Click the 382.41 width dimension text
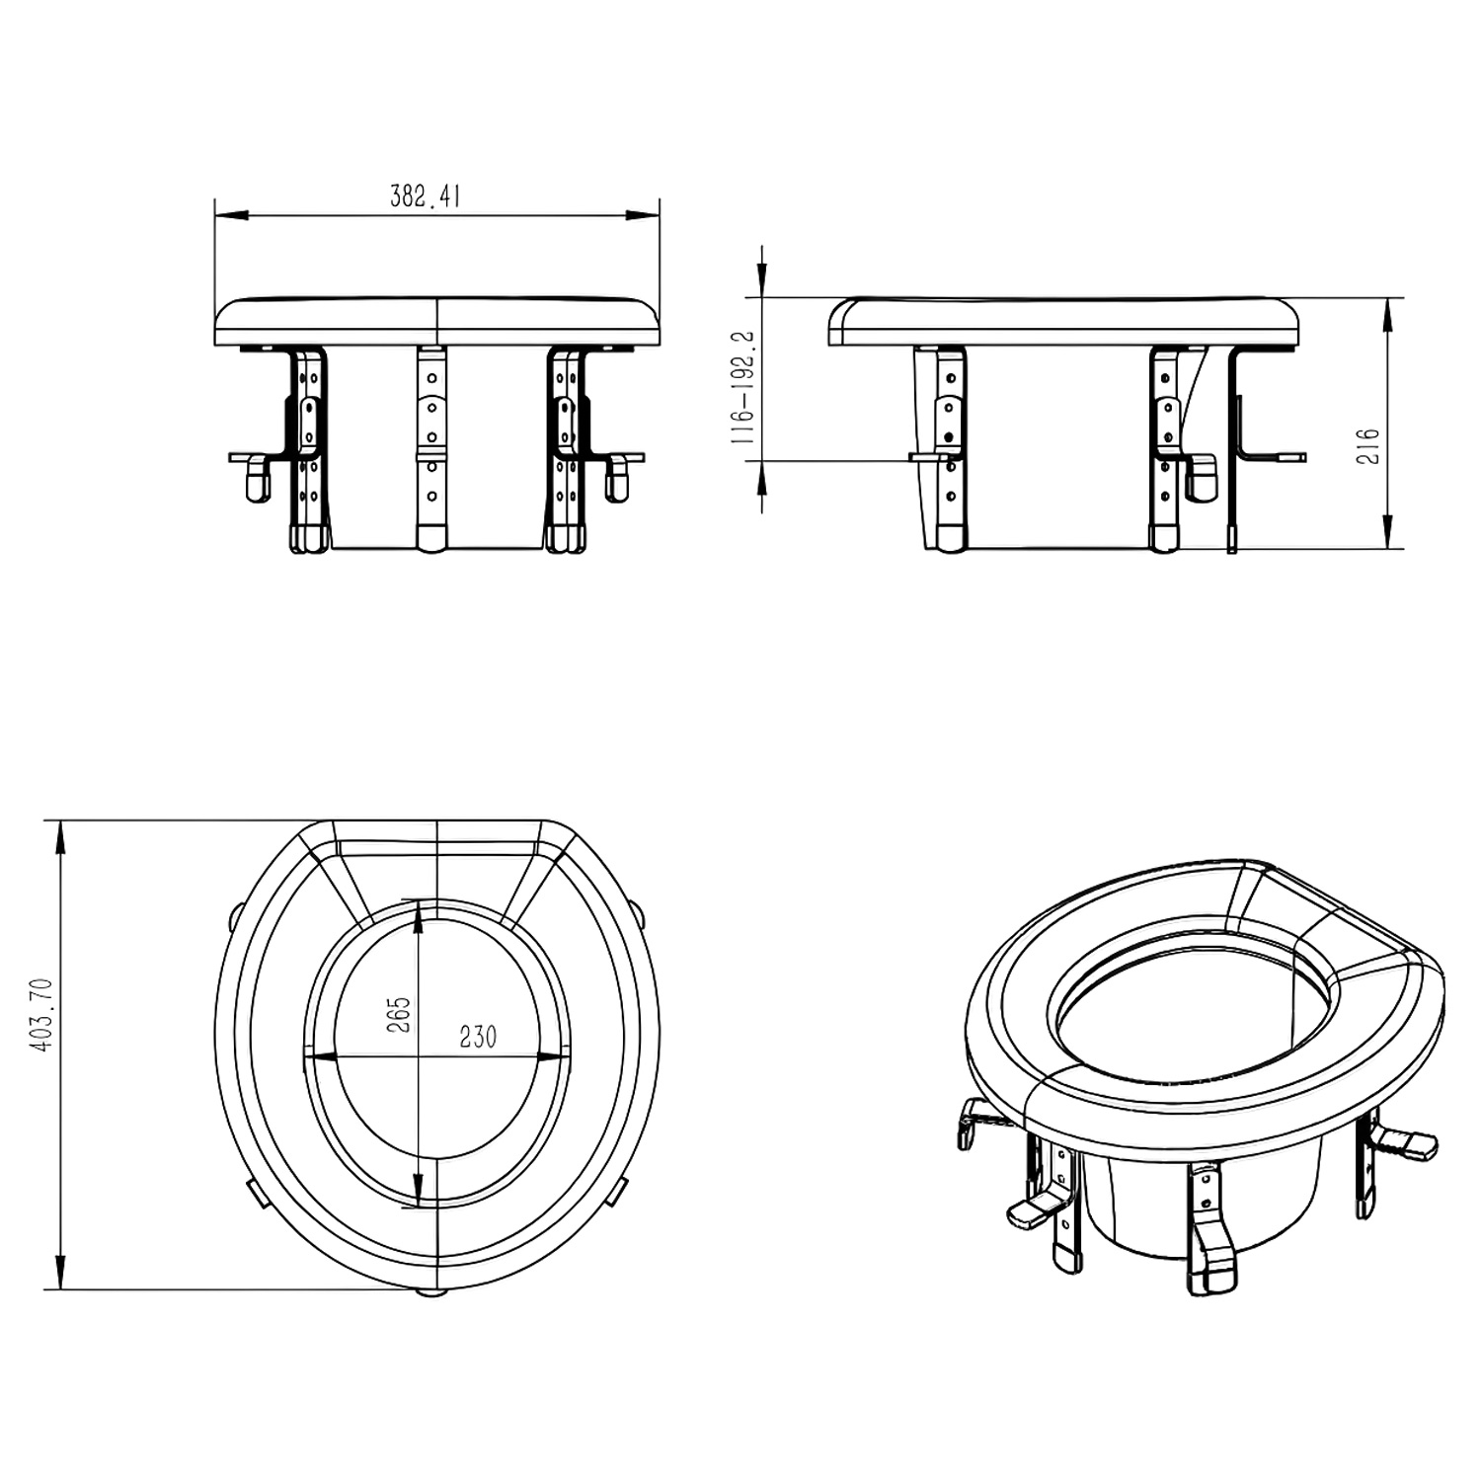[426, 196]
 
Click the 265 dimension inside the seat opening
[399, 1014]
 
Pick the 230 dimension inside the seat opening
[478, 1037]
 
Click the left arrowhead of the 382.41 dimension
[230, 214]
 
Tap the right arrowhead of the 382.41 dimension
[644, 214]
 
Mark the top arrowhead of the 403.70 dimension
[62, 837]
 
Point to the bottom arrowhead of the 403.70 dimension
[62, 1272]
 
